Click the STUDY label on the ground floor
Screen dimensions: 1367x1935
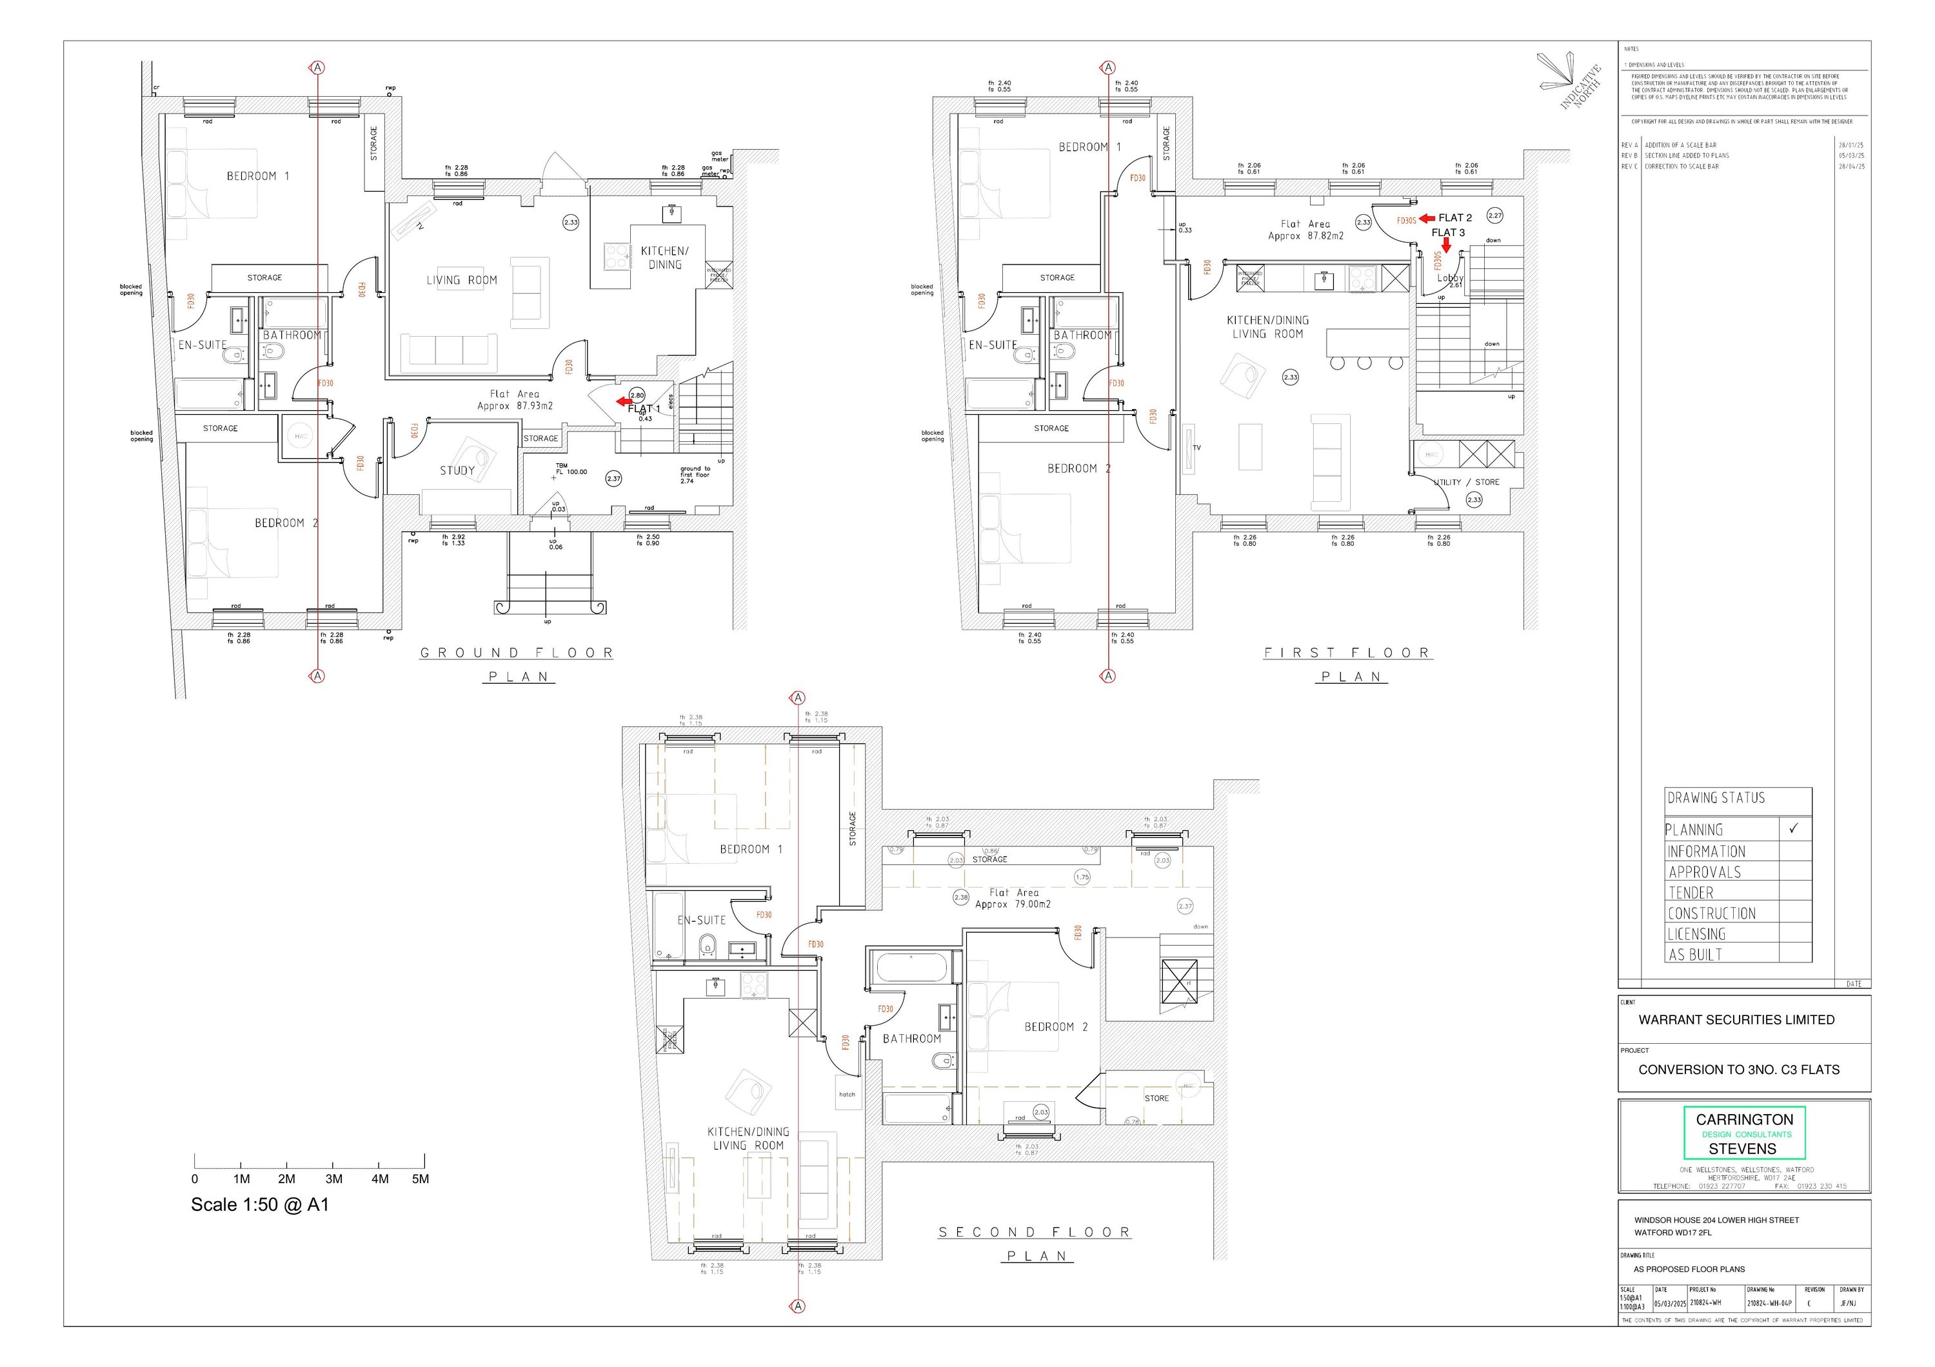[457, 471]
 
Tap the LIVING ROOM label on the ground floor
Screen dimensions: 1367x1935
[461, 281]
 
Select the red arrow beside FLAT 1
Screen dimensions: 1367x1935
[624, 401]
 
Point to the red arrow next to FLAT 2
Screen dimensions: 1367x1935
[1427, 218]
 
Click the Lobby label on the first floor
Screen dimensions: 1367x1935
[1449, 278]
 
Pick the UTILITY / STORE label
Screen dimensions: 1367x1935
[1467, 482]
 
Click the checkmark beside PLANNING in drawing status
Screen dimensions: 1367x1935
[1793, 828]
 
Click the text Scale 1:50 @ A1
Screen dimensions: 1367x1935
[259, 1205]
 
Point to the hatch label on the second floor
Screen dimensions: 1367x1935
[847, 1095]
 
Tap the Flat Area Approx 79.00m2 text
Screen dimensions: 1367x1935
[1013, 899]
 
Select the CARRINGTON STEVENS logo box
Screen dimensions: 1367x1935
[1743, 1133]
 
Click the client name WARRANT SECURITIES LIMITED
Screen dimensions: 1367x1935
[1736, 1020]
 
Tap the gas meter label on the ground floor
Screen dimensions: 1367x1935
[719, 157]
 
